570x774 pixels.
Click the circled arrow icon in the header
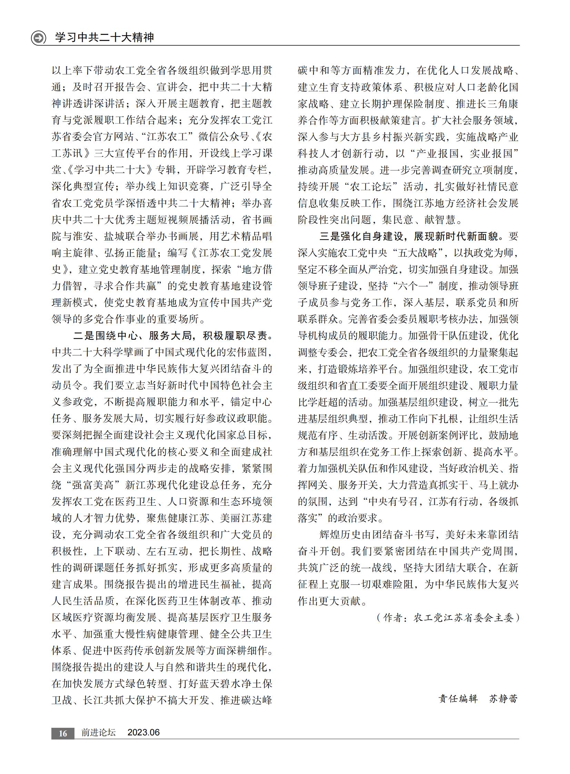click(x=39, y=38)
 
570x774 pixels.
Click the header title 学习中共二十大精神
click(x=104, y=37)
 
